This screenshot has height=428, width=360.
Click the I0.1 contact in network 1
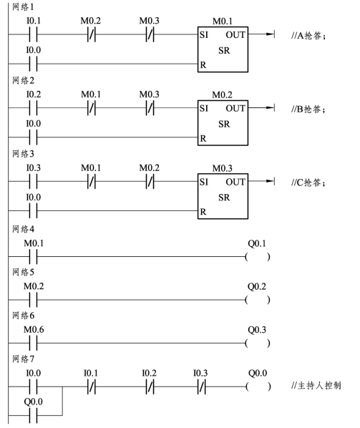[34, 35]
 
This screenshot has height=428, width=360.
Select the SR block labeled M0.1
[223, 49]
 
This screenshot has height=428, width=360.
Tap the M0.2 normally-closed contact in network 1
[92, 35]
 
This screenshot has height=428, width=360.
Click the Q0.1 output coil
[258, 257]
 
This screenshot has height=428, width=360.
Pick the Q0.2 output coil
[258, 300]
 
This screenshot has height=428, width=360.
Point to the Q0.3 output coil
[258, 343]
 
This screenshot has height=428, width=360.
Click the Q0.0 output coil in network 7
[258, 386]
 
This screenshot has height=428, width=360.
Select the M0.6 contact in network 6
[34, 343]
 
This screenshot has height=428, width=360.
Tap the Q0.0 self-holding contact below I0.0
[34, 415]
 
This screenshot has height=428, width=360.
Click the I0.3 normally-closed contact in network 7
[201, 386]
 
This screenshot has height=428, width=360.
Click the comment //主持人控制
[316, 386]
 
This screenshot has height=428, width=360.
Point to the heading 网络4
[23, 229]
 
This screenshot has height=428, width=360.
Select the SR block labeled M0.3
[223, 196]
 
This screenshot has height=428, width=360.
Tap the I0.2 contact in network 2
[34, 108]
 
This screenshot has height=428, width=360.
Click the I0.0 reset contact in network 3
[34, 211]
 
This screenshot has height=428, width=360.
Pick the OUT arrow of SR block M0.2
[261, 107]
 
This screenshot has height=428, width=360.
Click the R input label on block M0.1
[203, 65]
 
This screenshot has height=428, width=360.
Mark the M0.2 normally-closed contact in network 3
[150, 182]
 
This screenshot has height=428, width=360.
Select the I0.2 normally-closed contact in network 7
[150, 386]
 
